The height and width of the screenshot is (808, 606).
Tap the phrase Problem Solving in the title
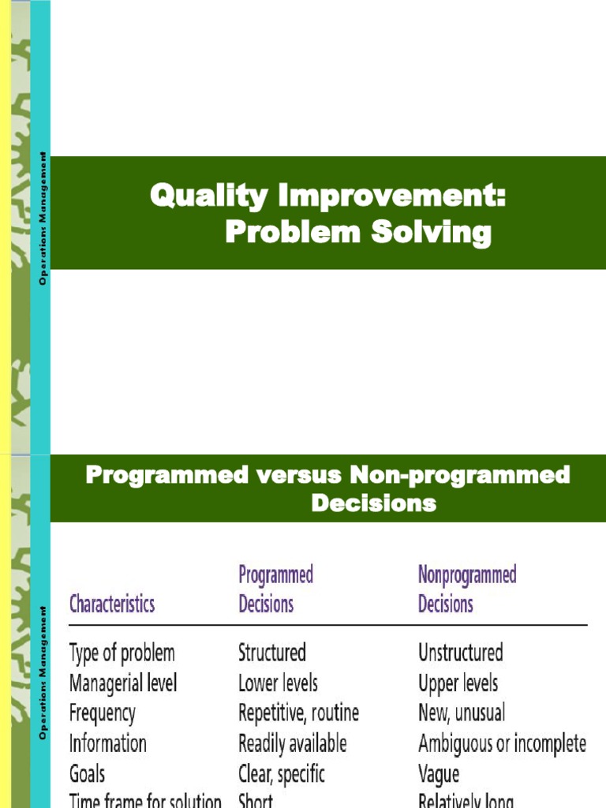tap(357, 233)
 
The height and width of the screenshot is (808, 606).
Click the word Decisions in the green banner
tap(373, 503)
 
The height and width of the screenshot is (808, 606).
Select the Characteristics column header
tap(112, 604)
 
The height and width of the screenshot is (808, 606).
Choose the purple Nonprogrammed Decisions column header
tap(466, 589)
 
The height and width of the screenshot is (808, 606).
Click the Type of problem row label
tap(122, 653)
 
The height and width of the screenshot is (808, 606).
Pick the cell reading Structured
tap(272, 653)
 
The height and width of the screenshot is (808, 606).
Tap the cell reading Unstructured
tap(460, 653)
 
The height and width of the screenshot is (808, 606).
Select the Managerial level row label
tap(123, 683)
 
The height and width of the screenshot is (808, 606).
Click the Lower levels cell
tap(278, 683)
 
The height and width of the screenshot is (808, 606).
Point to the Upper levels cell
tap(458, 683)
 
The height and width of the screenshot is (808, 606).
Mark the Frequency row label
tap(103, 713)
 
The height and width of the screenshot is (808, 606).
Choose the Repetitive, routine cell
tap(298, 713)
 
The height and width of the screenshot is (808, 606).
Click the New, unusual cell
tap(461, 713)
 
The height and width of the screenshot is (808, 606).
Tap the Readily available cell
tap(292, 743)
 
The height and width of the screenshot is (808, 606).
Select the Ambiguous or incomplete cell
tap(502, 743)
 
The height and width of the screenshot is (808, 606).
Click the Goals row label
tap(87, 773)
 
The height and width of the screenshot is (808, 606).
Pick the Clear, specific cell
tap(281, 773)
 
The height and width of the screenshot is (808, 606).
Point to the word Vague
tap(439, 774)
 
